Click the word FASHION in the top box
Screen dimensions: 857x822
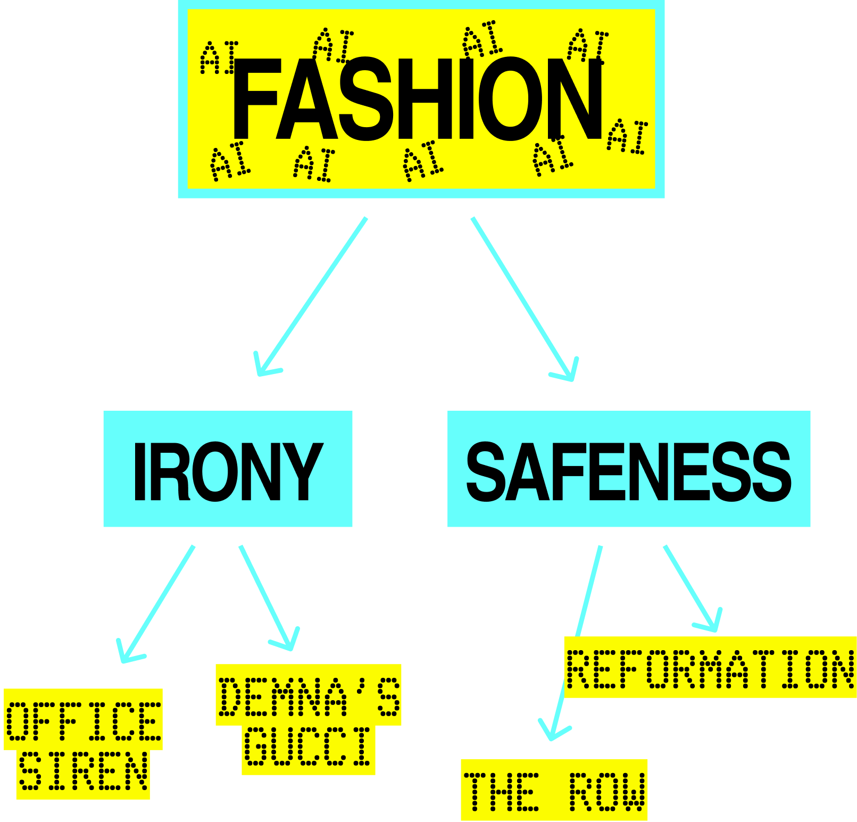(x=418, y=99)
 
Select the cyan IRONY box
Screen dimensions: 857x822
(x=228, y=469)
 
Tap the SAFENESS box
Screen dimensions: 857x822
(x=629, y=469)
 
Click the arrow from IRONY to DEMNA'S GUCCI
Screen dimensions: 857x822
(x=266, y=596)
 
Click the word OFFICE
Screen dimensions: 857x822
(x=83, y=721)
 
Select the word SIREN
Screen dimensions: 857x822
(x=83, y=771)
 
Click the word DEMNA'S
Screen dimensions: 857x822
(x=309, y=696)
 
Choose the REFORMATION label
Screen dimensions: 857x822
(x=710, y=668)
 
